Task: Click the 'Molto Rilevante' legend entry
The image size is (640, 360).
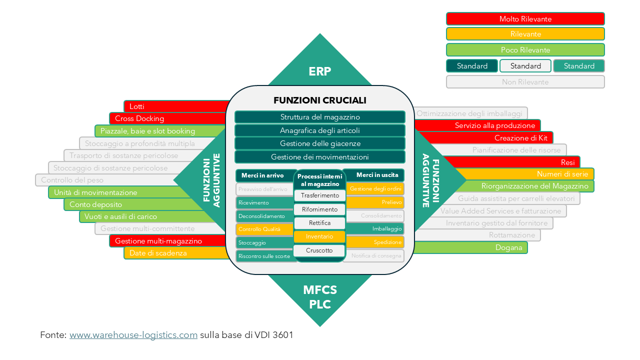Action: [525, 19]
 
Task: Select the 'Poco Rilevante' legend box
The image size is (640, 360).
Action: [525, 50]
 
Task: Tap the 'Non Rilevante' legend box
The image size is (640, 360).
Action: [525, 82]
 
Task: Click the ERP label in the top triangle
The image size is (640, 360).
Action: [320, 71]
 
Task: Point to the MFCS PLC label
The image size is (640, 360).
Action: [320, 297]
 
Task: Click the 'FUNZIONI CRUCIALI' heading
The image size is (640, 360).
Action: [320, 100]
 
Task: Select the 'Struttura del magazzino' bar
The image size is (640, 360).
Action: [320, 117]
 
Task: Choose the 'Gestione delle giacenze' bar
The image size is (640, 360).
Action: [320, 143]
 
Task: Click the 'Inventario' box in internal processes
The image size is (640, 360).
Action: [319, 236]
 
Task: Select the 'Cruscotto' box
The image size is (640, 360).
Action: [319, 250]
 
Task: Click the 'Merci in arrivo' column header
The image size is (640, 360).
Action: [262, 175]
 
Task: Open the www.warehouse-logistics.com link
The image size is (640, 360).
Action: [133, 335]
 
